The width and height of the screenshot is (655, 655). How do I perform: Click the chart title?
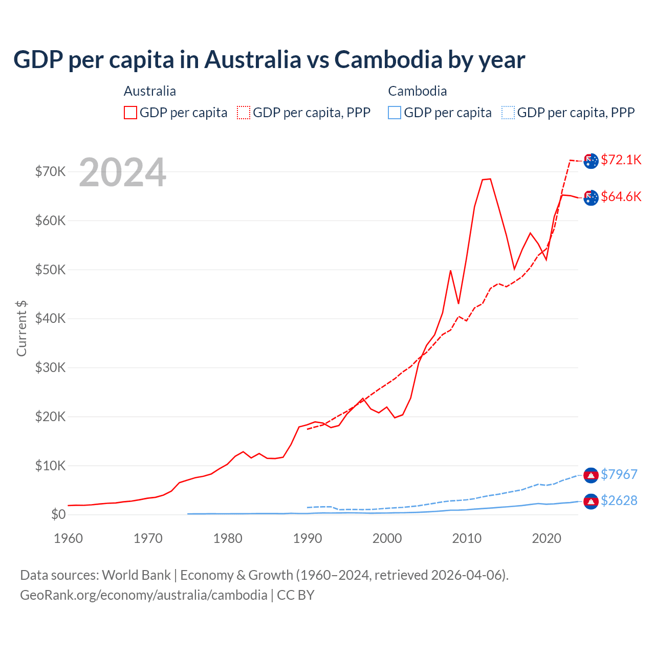click(x=269, y=60)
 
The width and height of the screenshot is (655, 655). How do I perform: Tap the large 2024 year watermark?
click(x=122, y=172)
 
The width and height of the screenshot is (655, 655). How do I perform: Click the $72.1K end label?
click(x=621, y=160)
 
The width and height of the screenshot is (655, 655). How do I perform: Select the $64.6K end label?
click(x=621, y=196)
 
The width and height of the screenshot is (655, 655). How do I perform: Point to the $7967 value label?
click(x=619, y=474)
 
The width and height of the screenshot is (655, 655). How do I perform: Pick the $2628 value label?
click(x=619, y=500)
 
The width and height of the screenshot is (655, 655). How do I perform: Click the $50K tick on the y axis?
click(x=51, y=270)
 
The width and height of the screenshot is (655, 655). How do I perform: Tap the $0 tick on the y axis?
click(x=58, y=514)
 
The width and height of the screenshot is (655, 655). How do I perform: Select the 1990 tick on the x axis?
click(x=308, y=538)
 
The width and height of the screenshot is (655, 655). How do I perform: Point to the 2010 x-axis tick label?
click(x=467, y=538)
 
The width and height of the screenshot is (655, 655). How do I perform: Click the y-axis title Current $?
click(x=21, y=328)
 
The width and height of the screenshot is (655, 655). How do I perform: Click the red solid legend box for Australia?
click(x=130, y=113)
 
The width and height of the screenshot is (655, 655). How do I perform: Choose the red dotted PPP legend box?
click(x=244, y=113)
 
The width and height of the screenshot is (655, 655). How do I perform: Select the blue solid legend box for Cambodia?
click(x=395, y=113)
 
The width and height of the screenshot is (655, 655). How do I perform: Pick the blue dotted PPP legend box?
click(x=508, y=113)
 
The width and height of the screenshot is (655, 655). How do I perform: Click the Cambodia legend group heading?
click(x=418, y=91)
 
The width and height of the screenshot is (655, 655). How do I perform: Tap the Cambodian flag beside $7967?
click(x=591, y=475)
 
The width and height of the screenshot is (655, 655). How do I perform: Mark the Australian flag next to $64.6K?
click(x=591, y=198)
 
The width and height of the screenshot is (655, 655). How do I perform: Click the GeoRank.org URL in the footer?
click(x=144, y=595)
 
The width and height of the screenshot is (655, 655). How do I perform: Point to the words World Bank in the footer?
click(x=137, y=575)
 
